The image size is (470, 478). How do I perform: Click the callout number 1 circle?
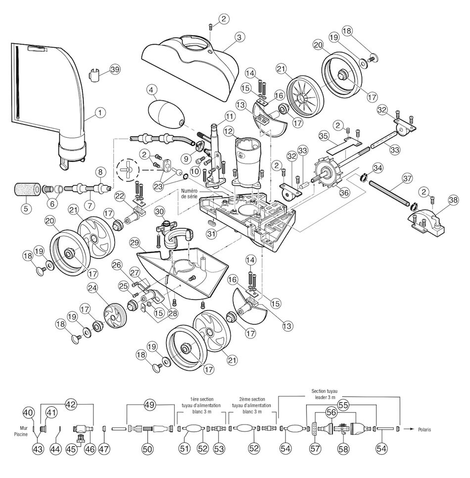pyautogui.click(x=100, y=113)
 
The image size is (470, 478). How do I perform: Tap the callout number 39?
pyautogui.click(x=115, y=70)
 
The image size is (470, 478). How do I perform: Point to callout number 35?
pyautogui.click(x=324, y=135)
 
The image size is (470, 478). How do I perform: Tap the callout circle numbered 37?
pyautogui.click(x=407, y=178)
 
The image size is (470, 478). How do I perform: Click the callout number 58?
pyautogui.click(x=342, y=448)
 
